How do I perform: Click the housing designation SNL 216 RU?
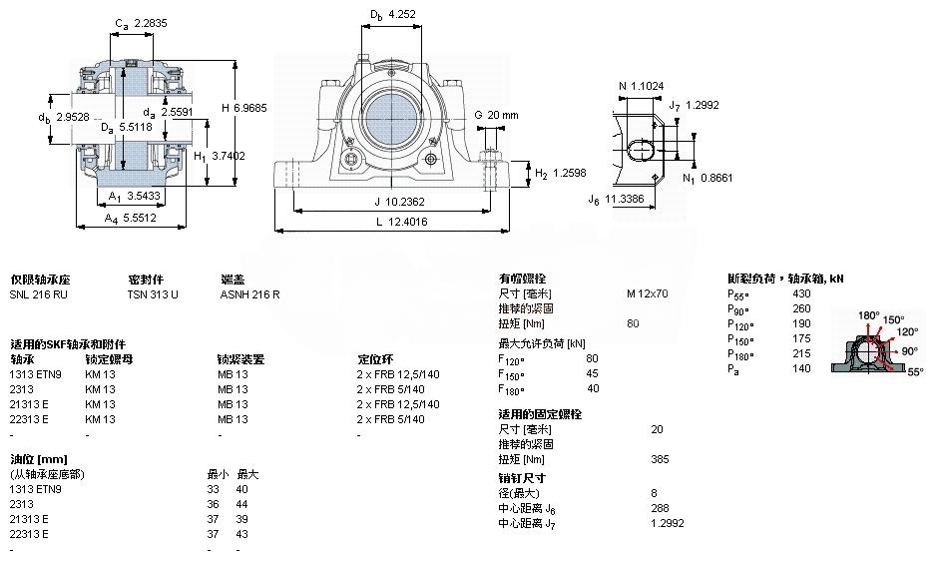39,294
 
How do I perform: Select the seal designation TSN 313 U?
153,294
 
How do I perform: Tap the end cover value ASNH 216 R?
249,294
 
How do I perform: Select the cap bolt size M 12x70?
647,293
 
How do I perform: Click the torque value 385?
661,459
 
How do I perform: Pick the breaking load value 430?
801,293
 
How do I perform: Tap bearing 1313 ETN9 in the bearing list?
36,373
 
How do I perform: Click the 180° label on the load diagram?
869,316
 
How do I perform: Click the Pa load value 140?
801,368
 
